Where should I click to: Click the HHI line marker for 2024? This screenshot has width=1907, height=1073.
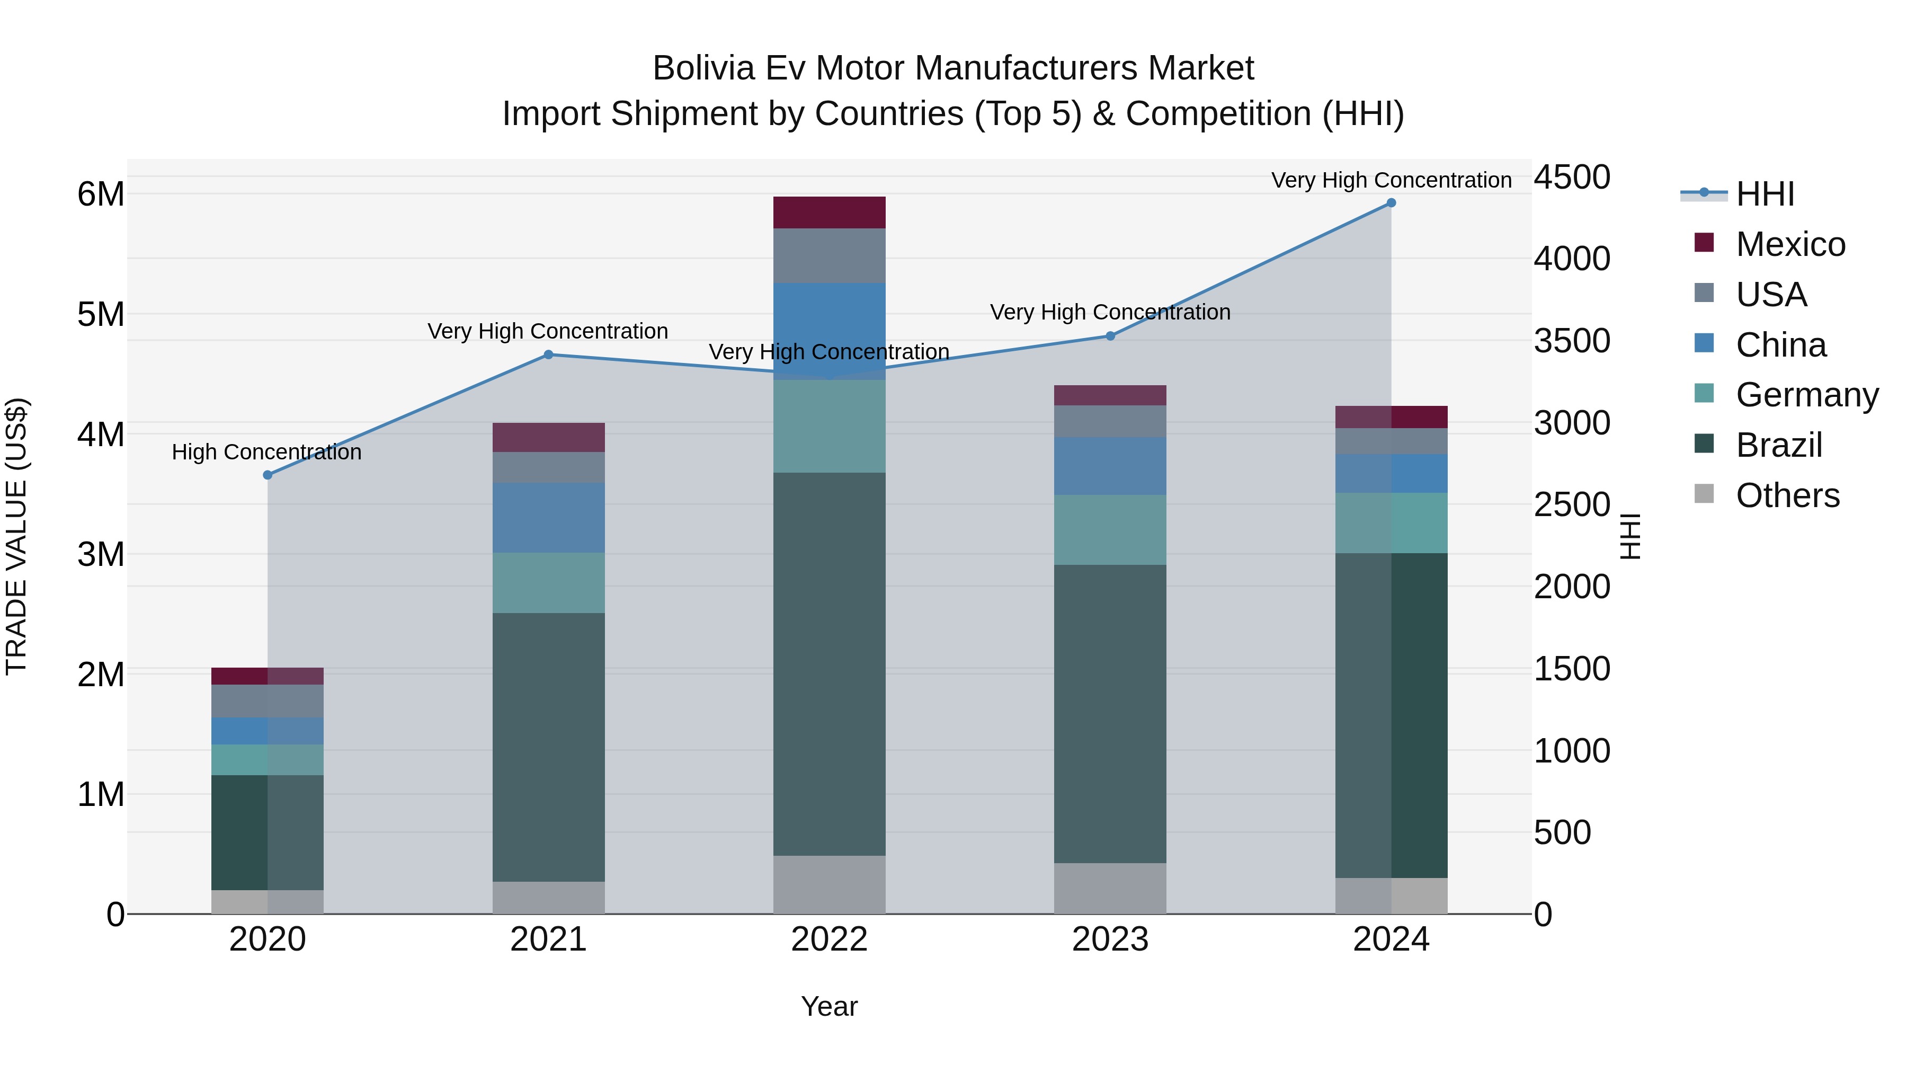click(x=1391, y=203)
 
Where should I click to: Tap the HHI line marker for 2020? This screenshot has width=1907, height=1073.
click(x=268, y=475)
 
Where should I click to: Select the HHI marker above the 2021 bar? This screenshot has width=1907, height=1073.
click(x=549, y=354)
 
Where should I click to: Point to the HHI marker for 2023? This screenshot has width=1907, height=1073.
click(x=1110, y=336)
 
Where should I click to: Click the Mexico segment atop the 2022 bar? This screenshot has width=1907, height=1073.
click(x=829, y=212)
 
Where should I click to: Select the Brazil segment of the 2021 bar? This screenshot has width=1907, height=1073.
click(x=549, y=747)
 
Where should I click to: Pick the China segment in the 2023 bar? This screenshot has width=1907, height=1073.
click(x=1110, y=466)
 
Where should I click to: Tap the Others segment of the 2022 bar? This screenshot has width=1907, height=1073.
click(x=829, y=884)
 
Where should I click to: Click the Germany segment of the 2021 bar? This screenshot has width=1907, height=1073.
click(x=549, y=583)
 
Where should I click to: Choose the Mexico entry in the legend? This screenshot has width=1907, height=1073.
click(x=1790, y=244)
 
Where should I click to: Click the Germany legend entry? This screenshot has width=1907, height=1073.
click(x=1806, y=395)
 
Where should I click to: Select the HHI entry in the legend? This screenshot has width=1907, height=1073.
click(x=1765, y=194)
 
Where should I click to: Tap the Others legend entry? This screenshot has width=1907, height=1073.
click(x=1787, y=495)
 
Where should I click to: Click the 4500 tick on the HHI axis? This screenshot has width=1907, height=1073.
click(x=1571, y=178)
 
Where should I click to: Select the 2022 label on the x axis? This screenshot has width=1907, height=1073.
click(x=829, y=939)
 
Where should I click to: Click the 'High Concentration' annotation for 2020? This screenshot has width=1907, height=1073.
click(x=266, y=451)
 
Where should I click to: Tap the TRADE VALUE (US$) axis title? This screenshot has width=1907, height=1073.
click(x=16, y=536)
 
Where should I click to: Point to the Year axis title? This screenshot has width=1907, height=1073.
click(x=829, y=1006)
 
